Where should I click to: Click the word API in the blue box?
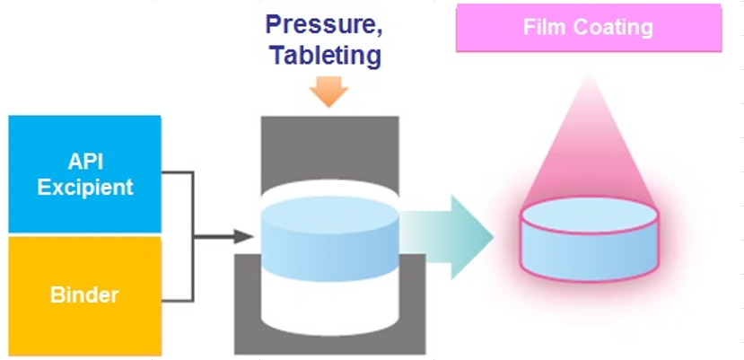coord(87,162)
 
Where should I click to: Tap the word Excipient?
coord(87,187)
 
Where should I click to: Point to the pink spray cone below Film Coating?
coord(590,144)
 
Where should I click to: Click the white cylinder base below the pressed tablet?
coord(328,305)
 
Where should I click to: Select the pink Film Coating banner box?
coord(588,28)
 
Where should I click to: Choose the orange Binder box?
coord(85,295)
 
